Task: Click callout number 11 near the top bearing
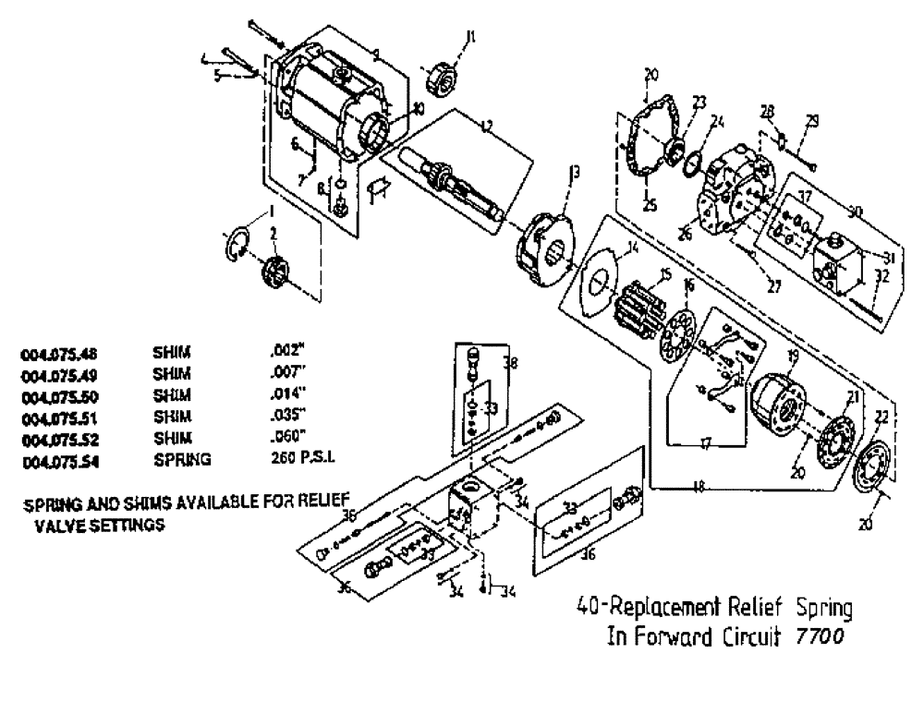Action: pos(471,38)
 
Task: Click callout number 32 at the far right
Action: pos(882,274)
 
